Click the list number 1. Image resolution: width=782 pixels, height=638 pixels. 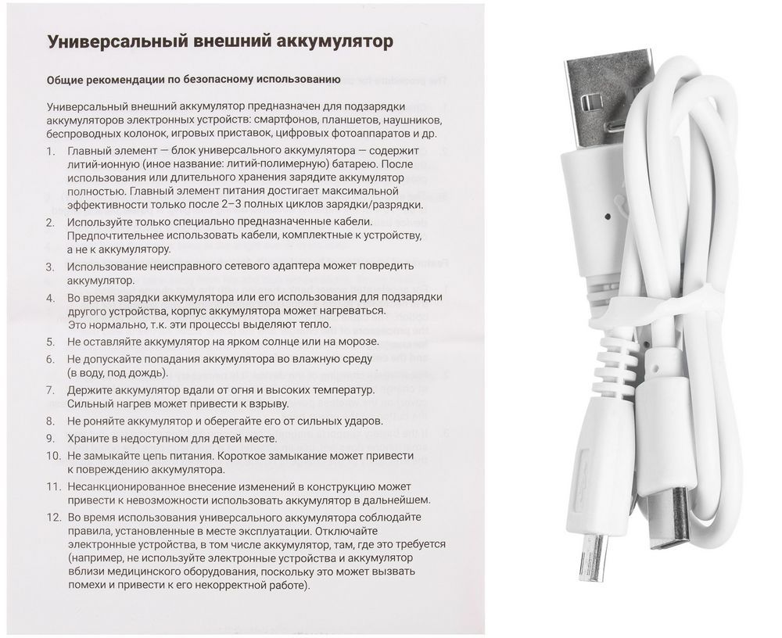pyautogui.click(x=50, y=150)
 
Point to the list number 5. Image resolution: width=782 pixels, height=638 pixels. pyautogui.click(x=50, y=342)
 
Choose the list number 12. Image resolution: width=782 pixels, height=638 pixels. pyautogui.click(x=52, y=518)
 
